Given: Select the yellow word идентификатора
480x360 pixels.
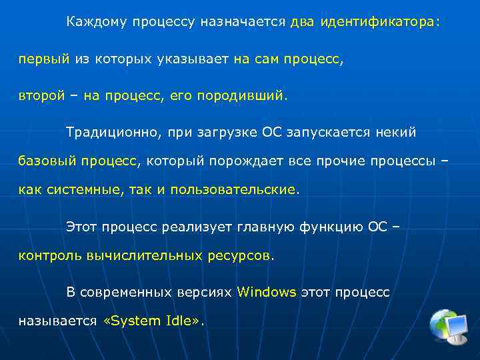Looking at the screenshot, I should click(377, 22).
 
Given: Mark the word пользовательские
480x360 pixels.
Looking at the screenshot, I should click(233, 190).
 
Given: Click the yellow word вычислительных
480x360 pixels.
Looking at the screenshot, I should click(145, 255).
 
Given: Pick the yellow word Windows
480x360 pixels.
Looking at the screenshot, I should click(267, 292).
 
